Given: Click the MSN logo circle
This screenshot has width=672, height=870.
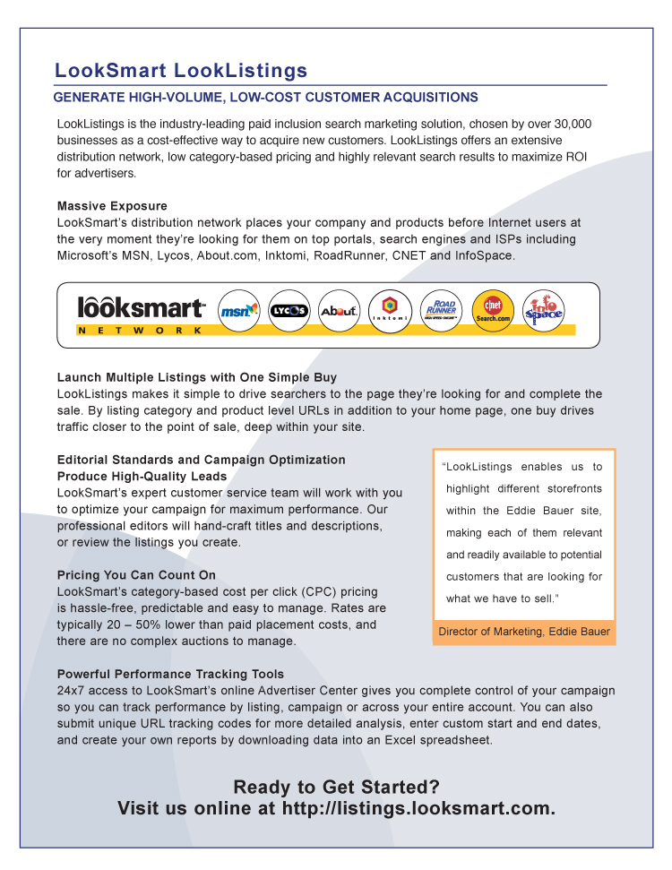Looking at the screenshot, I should pos(239,311).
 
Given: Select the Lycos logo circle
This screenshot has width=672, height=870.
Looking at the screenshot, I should pos(289,311).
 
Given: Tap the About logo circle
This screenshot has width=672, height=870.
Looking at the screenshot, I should pos(340,311).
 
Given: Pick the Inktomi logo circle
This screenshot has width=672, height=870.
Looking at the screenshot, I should pos(390,311).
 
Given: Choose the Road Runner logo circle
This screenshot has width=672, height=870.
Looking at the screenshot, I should pos(441,311).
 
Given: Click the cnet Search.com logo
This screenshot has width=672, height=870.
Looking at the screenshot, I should pos(492,311).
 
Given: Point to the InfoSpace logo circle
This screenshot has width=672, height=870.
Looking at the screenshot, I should pos(543,311).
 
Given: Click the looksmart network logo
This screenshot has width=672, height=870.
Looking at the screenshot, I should pos(141,314).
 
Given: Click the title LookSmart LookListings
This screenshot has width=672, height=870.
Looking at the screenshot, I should pos(181,71).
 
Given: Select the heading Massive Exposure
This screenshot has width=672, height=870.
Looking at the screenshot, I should pos(112,206).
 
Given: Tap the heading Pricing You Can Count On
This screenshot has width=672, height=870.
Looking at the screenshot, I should pos(136,575).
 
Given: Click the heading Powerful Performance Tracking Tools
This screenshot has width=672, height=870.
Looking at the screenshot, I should pos(170,674).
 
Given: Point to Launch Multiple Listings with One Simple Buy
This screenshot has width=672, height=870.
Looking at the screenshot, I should pos(197,377).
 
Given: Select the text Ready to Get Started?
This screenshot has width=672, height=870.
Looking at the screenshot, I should pos(336,787).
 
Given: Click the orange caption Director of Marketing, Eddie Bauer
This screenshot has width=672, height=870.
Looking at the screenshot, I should pos(524,632).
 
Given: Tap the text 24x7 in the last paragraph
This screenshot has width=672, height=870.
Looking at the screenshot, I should pos(71,691).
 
